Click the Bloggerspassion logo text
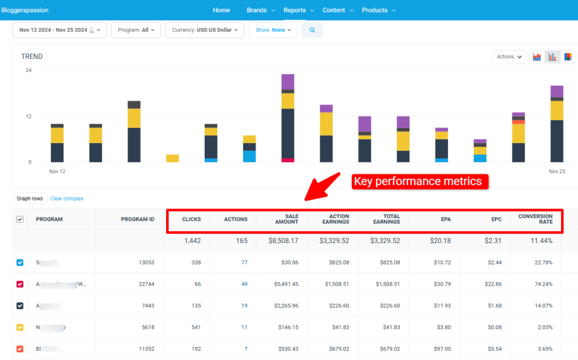click(x=25, y=10)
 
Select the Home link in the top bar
click(x=221, y=10)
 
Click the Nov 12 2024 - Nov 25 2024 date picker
click(x=59, y=30)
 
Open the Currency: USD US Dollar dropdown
click(x=205, y=30)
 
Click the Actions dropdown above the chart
click(x=509, y=57)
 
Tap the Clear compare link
click(x=67, y=199)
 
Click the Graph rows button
click(x=29, y=199)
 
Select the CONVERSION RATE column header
click(x=535, y=219)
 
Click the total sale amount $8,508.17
click(x=282, y=240)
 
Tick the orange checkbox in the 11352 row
click(x=20, y=349)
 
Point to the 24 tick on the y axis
click(x=28, y=71)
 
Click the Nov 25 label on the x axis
click(x=556, y=171)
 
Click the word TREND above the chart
click(x=32, y=57)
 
